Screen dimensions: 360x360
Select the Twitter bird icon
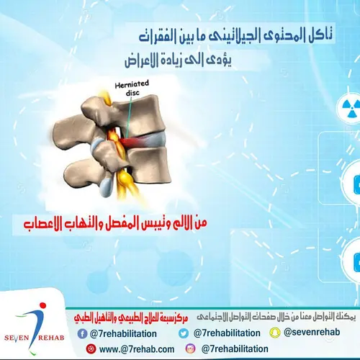point(184,333)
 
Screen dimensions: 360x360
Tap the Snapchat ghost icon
point(274,332)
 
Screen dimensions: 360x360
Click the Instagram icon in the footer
point(191,348)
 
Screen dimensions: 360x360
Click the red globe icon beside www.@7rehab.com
point(91,348)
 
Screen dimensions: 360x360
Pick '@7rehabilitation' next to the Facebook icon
point(125,333)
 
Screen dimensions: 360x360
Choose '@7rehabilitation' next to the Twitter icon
point(225,333)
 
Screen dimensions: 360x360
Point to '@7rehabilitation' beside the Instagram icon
point(235,349)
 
